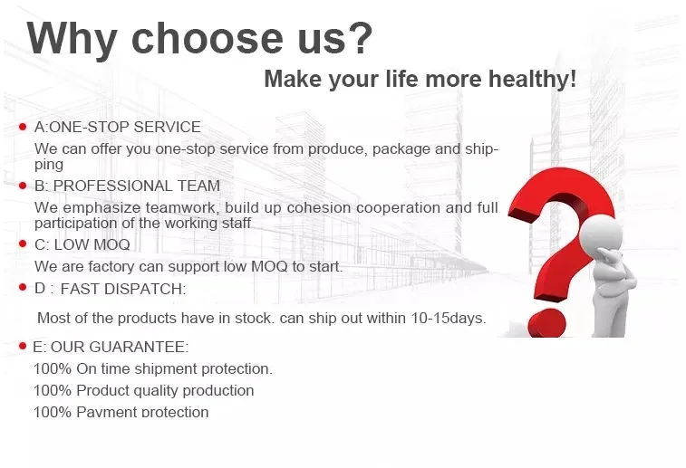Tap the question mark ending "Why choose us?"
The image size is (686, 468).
pyautogui.click(x=358, y=38)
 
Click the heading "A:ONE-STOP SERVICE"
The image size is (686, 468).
pyautogui.click(x=118, y=128)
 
